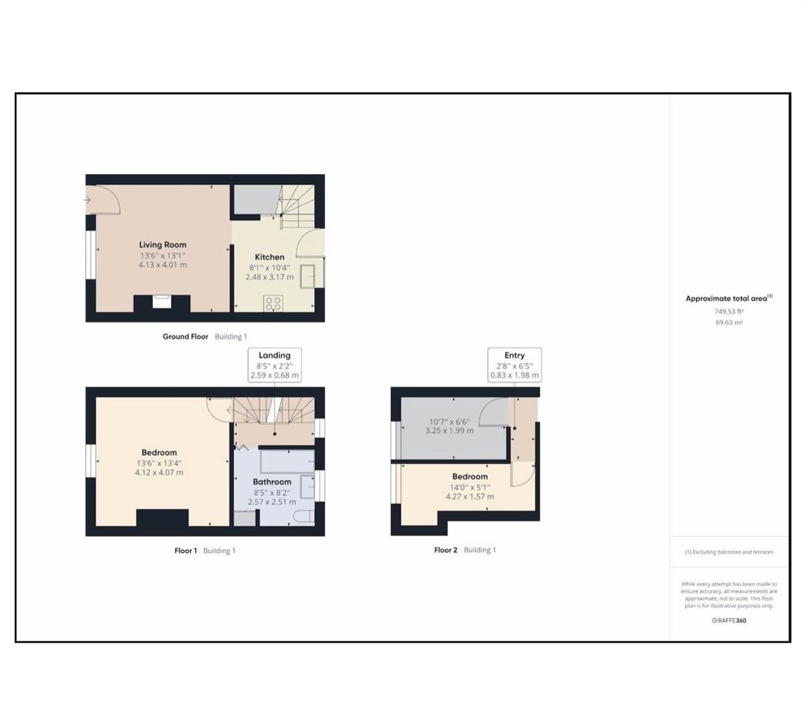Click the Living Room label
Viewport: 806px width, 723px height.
[x=163, y=245]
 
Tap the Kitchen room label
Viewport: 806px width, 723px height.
[x=270, y=257]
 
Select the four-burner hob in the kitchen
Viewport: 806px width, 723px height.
[x=273, y=303]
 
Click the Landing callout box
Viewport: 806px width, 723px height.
[x=274, y=365]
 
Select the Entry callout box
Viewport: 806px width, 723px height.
[x=514, y=365]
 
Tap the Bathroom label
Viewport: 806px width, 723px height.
[x=272, y=482]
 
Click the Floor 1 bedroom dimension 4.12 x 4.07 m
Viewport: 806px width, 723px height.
[x=159, y=473]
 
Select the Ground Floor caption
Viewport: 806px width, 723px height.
[x=185, y=337]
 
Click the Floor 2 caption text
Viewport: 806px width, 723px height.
[x=445, y=550]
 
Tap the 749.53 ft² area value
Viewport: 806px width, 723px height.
[x=728, y=311]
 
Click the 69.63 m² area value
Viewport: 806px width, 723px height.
[x=728, y=323]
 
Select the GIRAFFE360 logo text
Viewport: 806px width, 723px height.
[x=729, y=621]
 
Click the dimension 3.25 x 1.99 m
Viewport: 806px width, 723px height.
[x=449, y=431]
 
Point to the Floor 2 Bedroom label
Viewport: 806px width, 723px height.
[x=470, y=477]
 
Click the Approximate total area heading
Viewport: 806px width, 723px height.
[x=728, y=299]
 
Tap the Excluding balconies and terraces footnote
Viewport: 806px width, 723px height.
[x=729, y=552]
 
